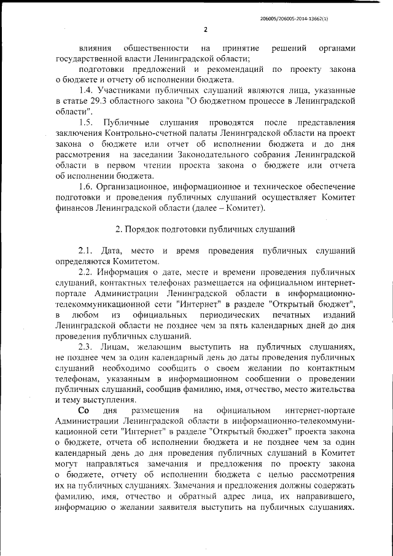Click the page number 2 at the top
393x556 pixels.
point(206,29)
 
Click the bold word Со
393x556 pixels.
point(84,410)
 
